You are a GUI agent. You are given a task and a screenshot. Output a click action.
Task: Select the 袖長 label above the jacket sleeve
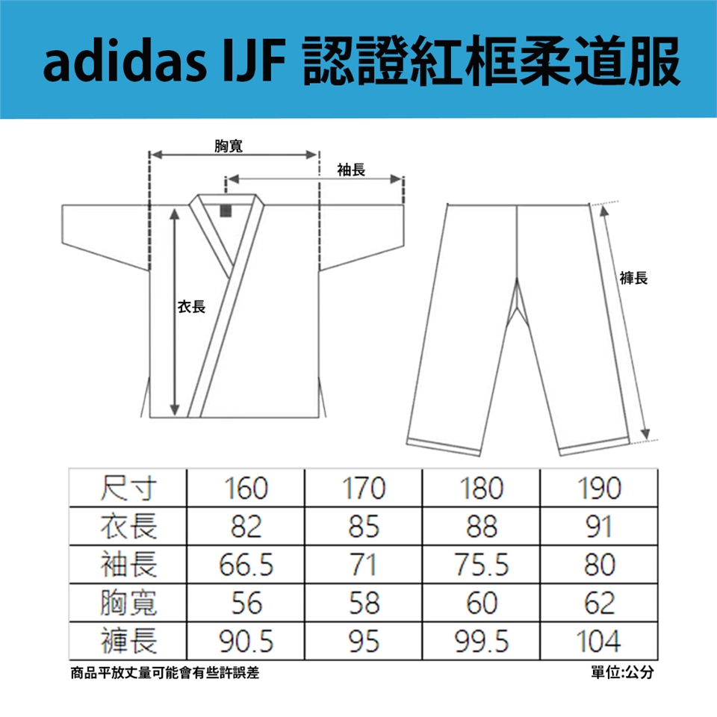pos(351,171)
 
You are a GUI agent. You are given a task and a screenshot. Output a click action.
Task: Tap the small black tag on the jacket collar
pos(226,210)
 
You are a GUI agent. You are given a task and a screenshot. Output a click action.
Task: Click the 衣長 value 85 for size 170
pos(364,528)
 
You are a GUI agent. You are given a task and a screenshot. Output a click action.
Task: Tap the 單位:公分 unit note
pos(621,673)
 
